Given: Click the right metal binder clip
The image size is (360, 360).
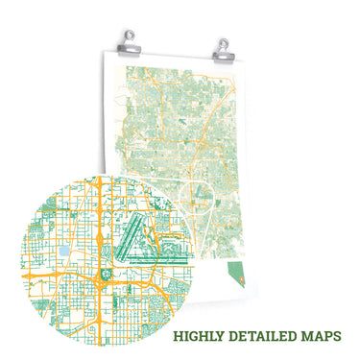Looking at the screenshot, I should click(222, 47).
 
